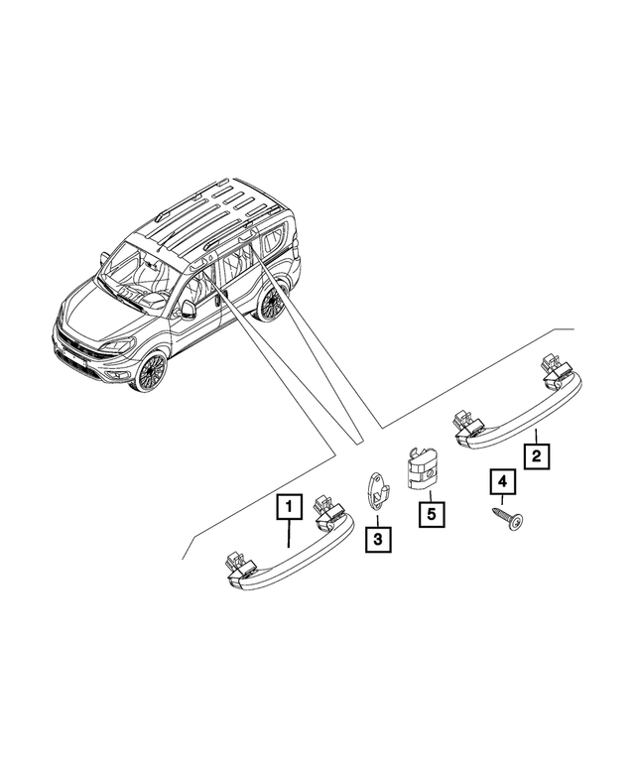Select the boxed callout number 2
[536, 455]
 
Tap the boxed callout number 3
[377, 541]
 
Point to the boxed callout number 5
[432, 515]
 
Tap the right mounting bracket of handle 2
[551, 369]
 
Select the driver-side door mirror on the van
[188, 309]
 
